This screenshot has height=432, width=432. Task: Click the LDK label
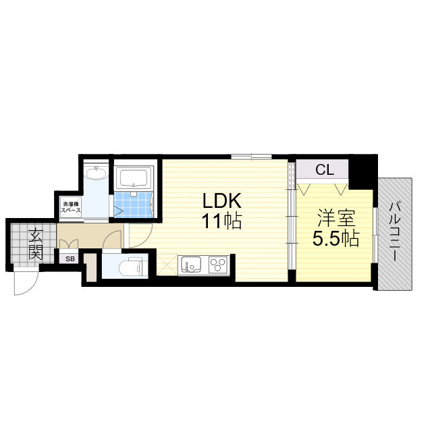pos(222,200)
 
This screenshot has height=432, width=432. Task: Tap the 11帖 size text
pos(222,221)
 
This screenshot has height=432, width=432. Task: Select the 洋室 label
pos(336,218)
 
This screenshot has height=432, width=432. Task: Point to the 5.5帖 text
pos(336,238)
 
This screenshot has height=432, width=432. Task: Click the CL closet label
pos(325,169)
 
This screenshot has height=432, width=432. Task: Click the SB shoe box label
pos(70,259)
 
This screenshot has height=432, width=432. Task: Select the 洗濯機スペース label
pos(71,207)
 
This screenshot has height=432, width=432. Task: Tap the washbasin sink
pos(96,173)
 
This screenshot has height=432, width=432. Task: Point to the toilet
pos(130,266)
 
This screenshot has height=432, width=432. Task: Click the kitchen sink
pos(190,265)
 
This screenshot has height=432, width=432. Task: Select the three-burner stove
pos(218,265)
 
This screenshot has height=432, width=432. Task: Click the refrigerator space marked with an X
pos(167,265)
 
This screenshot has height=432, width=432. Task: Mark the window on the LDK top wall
pos(251,157)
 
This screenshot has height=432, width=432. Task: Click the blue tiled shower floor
pos(133,205)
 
